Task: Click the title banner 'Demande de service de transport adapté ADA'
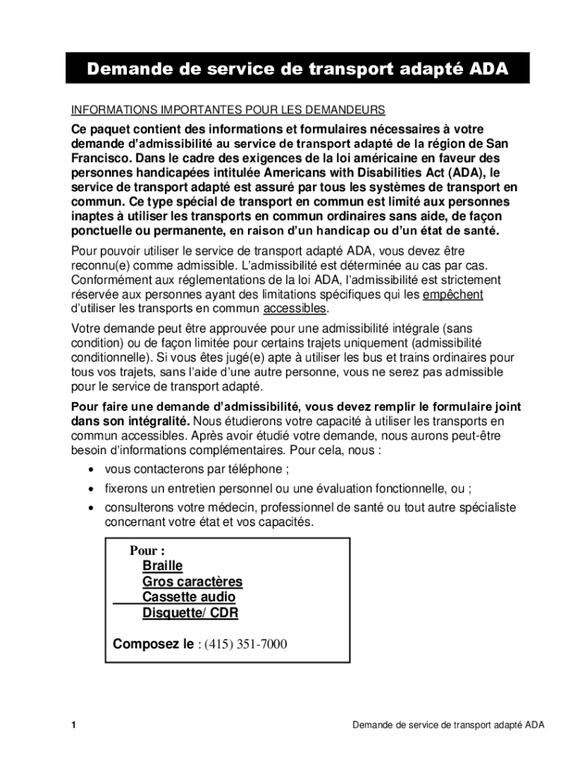tap(298, 69)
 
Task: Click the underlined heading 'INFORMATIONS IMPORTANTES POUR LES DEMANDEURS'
tap(228, 110)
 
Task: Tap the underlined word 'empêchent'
tap(453, 294)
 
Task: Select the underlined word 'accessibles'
tap(295, 309)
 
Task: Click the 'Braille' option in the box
tap(162, 566)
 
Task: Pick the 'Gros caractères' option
tap(192, 582)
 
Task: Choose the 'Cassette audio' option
tap(188, 598)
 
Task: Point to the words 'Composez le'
tap(152, 644)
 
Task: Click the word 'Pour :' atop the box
tap(147, 551)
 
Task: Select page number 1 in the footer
tap(74, 725)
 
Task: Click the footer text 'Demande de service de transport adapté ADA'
tap(448, 725)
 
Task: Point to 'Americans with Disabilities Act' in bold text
tap(323, 173)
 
